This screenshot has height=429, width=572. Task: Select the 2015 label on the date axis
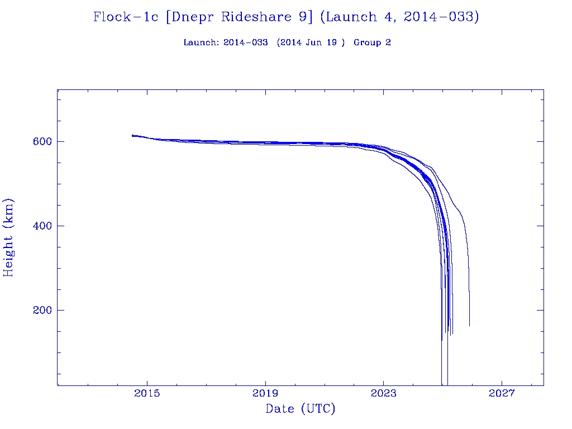(x=147, y=393)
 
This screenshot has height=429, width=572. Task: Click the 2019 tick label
(x=265, y=393)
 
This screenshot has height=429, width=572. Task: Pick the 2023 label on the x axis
(x=383, y=393)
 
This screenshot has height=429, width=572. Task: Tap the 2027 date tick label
(x=502, y=393)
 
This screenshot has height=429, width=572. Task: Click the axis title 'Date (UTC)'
(x=301, y=409)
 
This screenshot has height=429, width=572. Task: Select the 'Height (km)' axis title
(x=9, y=237)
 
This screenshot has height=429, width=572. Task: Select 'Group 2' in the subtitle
(x=372, y=42)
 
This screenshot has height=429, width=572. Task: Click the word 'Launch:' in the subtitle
(x=201, y=42)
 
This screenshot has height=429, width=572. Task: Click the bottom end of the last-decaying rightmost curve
(x=469, y=325)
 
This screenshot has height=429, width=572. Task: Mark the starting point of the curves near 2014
(x=132, y=135)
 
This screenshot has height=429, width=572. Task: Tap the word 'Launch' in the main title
(x=349, y=17)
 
